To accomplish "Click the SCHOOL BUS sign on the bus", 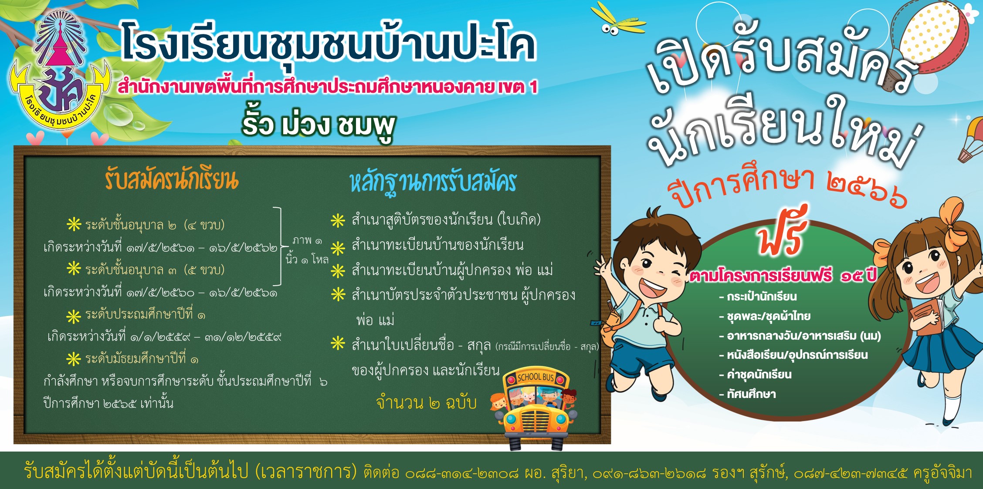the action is (x=536, y=377).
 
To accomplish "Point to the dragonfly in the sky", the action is (x=618, y=20).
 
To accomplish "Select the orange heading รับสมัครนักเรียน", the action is (x=171, y=179).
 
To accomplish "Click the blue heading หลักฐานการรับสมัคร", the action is (x=433, y=182).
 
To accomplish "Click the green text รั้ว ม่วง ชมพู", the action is (x=319, y=125).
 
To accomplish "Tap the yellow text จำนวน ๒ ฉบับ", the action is (x=426, y=402).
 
